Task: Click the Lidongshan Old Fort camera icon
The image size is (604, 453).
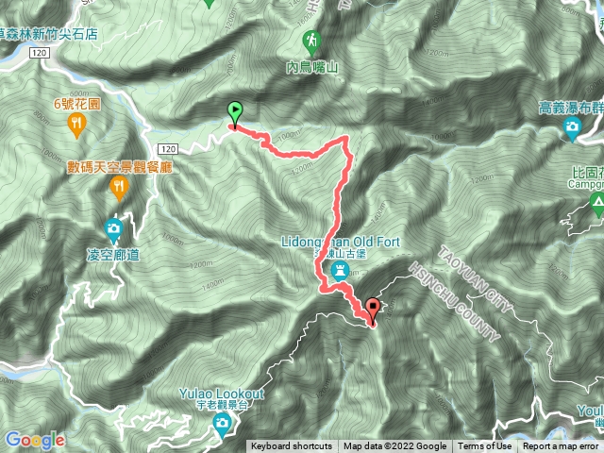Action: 340,271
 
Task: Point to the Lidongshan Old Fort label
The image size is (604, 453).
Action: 343,243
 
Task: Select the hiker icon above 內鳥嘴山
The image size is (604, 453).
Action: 311,41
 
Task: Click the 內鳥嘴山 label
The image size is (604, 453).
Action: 311,67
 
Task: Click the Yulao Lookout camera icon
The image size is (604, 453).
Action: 221,424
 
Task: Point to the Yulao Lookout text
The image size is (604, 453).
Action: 220,393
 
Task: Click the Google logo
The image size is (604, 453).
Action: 33,440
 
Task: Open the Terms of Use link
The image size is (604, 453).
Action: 485,446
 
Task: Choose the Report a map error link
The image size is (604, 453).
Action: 561,446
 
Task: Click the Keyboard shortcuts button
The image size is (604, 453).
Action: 291,446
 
